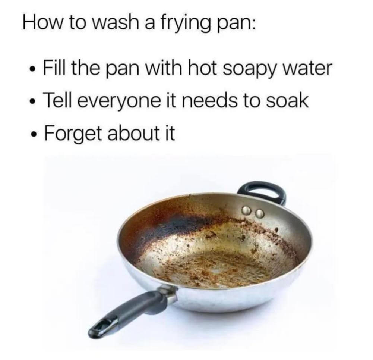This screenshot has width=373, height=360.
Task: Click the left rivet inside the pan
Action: coord(246,210)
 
